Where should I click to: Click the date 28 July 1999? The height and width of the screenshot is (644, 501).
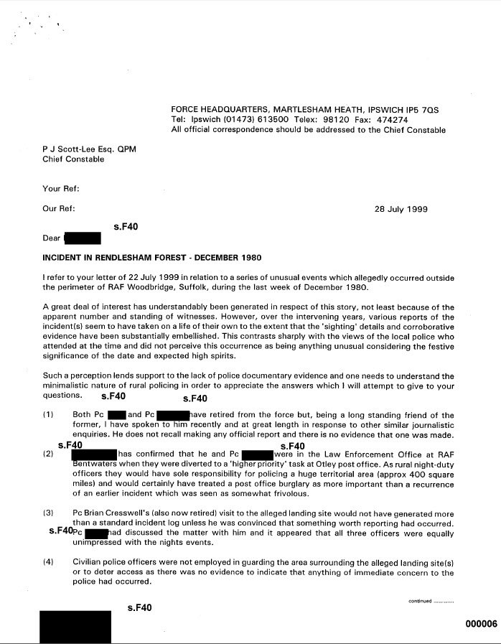401,210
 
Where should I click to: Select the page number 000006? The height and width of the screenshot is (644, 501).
481,623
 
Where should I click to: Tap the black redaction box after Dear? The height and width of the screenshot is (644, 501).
82,238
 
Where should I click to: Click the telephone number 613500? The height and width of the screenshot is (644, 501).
268,120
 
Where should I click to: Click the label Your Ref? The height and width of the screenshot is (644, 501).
61,189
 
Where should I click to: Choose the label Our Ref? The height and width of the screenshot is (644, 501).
60,210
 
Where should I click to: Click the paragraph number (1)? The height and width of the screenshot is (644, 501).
48,415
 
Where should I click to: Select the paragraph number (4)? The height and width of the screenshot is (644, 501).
48,561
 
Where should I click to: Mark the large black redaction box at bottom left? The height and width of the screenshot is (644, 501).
74,625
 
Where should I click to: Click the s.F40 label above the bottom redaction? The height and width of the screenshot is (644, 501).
139,608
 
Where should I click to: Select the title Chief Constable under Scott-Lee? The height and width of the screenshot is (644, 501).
73,159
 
